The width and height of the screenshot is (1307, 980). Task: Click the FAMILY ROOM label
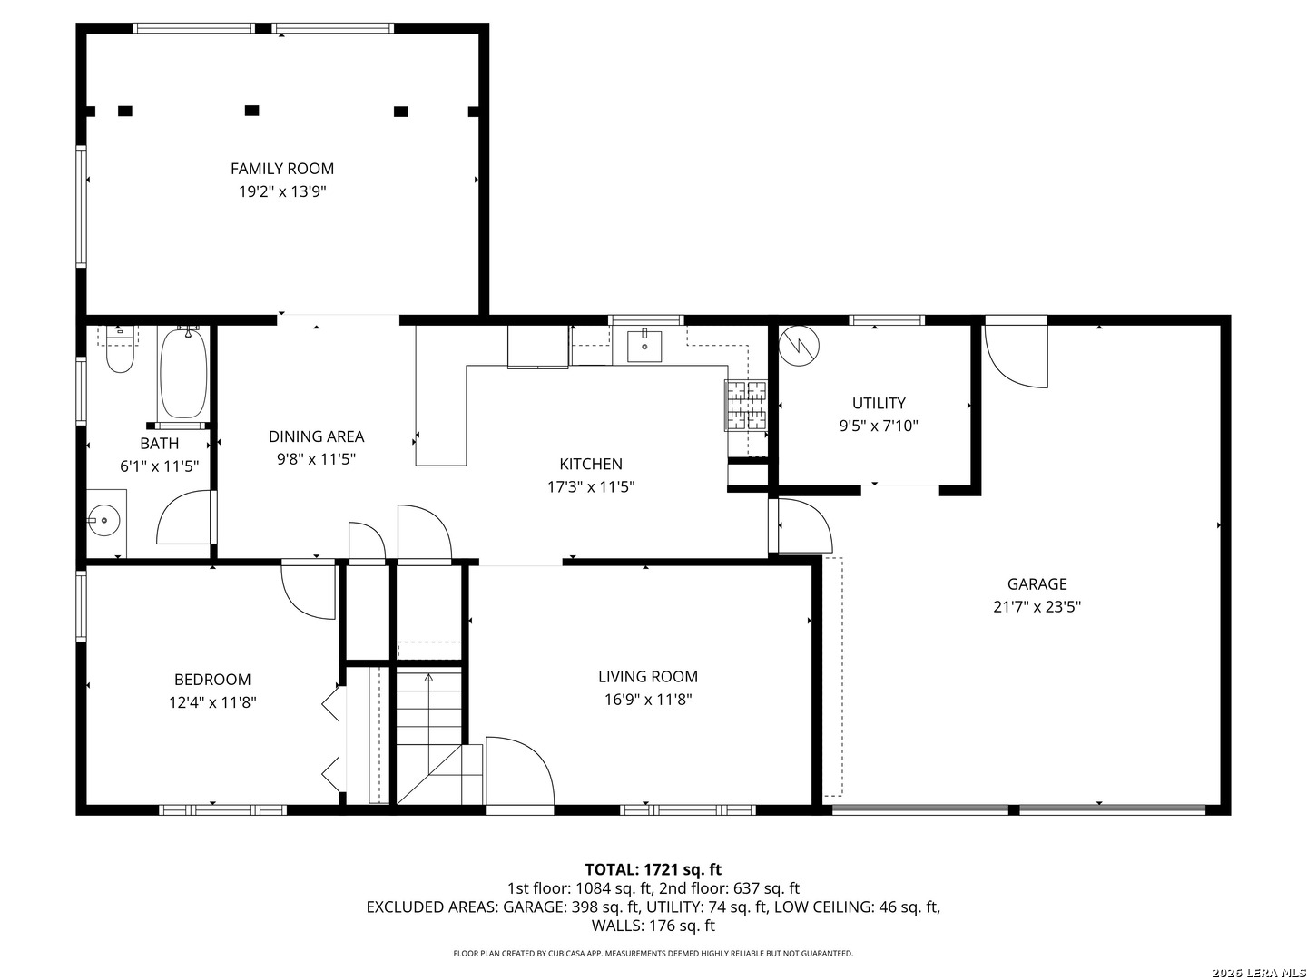281,169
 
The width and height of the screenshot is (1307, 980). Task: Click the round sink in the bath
104,520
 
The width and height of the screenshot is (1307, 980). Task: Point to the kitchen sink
644,345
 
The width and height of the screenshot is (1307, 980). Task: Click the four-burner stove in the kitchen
746,406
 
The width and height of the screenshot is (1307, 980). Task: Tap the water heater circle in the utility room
799,346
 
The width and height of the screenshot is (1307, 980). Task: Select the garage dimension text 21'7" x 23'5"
1037,606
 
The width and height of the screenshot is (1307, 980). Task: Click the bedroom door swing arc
298,601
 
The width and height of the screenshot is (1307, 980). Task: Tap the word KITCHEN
591,464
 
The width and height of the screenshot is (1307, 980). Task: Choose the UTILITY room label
879,403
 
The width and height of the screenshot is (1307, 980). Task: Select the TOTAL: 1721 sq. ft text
653,869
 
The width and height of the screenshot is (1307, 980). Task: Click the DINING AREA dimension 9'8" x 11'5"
316,459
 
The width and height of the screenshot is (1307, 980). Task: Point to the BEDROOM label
212,679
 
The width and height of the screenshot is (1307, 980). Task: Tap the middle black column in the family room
252,110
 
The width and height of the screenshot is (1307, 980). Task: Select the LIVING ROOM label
648,676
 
